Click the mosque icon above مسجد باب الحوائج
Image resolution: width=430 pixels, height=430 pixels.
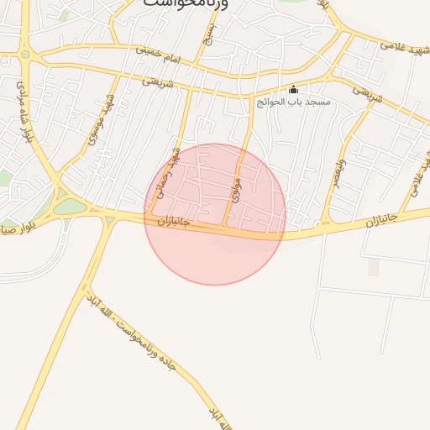293,90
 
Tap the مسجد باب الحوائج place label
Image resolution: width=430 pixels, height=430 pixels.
293,102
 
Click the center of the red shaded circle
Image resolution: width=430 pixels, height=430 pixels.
215,214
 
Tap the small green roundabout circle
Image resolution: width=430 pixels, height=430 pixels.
25,55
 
